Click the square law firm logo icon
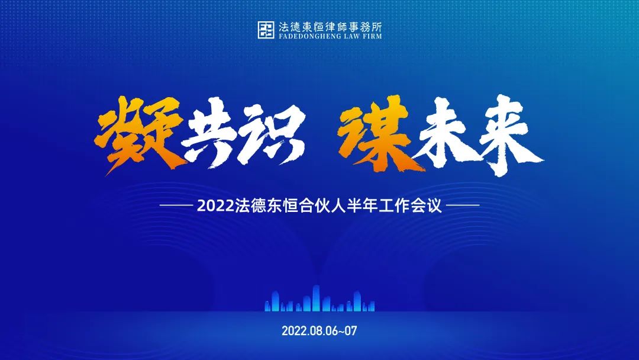coord(266,30)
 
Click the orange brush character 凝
coord(138,134)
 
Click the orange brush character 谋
coord(377,133)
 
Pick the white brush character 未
coord(444,133)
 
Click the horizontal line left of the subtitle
coord(176,205)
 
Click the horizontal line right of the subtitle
coord(463,205)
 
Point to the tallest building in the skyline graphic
coord(316,298)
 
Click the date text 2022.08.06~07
coord(319,330)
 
